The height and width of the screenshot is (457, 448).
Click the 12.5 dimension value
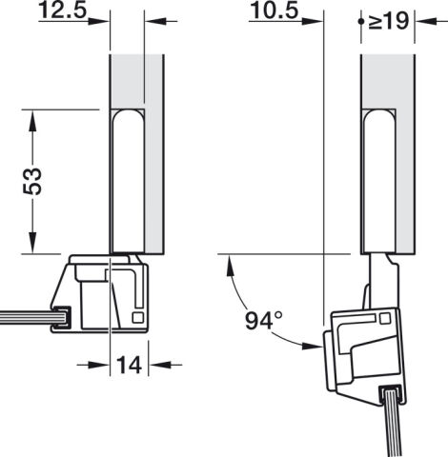click(x=63, y=10)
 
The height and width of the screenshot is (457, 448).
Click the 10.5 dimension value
click(x=275, y=10)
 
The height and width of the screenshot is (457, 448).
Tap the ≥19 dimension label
click(x=389, y=21)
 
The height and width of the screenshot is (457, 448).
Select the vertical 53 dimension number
click(x=32, y=181)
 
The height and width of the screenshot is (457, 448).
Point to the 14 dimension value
click(x=129, y=365)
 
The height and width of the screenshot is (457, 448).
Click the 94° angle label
click(x=264, y=321)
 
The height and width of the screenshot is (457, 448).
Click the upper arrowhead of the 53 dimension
click(x=32, y=120)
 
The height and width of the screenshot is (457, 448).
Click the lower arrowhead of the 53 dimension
click(x=32, y=243)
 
